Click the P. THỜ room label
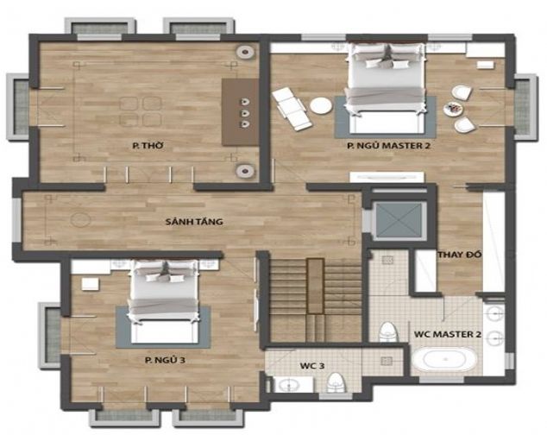click(148, 145)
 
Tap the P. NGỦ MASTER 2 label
click(388, 145)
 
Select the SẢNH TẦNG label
click(194, 221)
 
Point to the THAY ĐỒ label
click(460, 255)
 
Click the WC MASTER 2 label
click(448, 334)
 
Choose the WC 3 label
click(312, 366)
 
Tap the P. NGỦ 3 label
click(165, 360)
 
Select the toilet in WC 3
click(336, 382)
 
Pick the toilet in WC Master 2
click(388, 332)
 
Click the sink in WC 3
click(290, 385)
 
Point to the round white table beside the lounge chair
click(321, 105)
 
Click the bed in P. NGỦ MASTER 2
click(387, 87)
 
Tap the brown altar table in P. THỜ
click(241, 112)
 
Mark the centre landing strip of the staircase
click(316, 286)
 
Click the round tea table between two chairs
click(454, 109)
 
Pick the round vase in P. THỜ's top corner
click(246, 53)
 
